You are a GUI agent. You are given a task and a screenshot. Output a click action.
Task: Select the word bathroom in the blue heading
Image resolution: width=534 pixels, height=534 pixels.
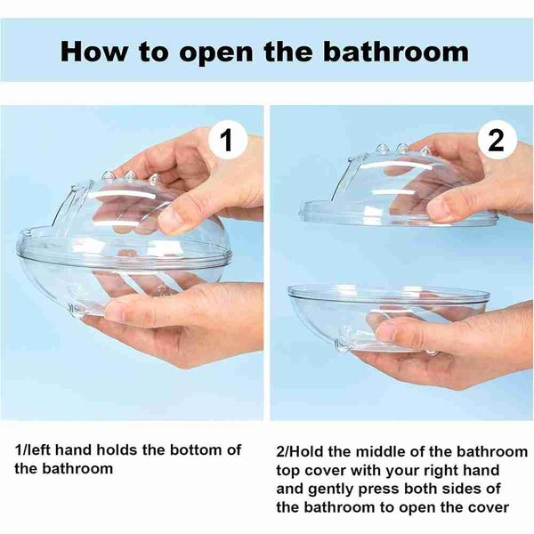tap(396, 52)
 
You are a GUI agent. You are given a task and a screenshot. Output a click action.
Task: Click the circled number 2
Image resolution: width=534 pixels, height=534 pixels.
tap(496, 140)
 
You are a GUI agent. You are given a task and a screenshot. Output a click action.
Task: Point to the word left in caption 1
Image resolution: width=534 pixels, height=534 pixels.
tap(36, 449)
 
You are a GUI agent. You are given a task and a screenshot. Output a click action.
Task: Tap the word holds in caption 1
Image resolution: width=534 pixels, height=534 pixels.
tap(117, 449)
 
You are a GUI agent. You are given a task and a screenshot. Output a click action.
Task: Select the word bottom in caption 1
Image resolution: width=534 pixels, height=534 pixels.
tap(196, 449)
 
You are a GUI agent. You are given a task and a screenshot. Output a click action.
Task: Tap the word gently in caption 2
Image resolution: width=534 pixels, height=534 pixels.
tap(330, 489)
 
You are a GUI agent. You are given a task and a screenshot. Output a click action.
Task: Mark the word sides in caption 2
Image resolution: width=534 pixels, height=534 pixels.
tap(462, 489)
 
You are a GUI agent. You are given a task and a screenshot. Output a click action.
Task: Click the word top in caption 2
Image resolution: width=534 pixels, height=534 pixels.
tap(287, 472)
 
